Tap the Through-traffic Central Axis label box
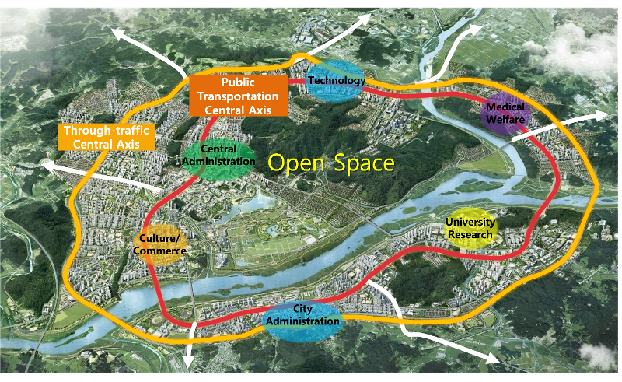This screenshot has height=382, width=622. [x=106, y=137]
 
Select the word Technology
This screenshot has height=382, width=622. [x=336, y=80]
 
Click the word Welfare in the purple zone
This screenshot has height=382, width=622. [x=507, y=120]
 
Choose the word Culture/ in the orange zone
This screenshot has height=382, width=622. [x=161, y=238]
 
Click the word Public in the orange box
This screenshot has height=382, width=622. [x=238, y=82]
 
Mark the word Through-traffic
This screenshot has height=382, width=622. [x=106, y=131]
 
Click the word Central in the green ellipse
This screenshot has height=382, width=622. [x=218, y=149]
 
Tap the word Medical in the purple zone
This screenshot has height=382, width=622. [x=507, y=107]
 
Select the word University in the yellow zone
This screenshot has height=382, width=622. [x=471, y=223]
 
